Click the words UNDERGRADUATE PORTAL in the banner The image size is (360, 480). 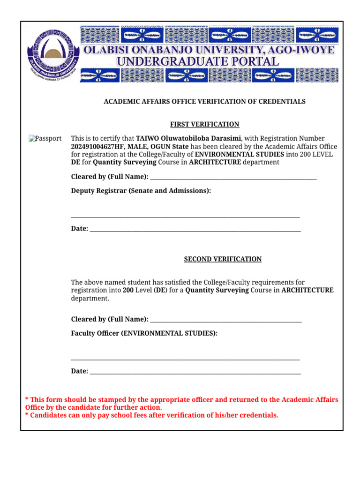click(x=197, y=61)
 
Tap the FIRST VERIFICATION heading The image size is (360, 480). click(x=204, y=124)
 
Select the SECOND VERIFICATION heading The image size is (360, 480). click(x=223, y=259)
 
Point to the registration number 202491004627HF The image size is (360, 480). click(x=97, y=146)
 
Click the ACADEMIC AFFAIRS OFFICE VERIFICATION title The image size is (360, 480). click(x=204, y=101)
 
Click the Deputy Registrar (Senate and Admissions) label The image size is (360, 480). click(x=141, y=191)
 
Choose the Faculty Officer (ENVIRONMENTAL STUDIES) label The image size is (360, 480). click(x=144, y=333)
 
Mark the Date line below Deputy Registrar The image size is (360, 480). click(x=195, y=230)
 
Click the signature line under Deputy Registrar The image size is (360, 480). click(x=185, y=217)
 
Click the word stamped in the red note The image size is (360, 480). click(x=118, y=400)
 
